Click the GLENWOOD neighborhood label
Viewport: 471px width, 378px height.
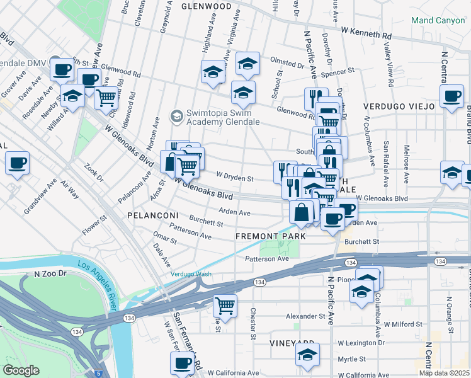[207, 6]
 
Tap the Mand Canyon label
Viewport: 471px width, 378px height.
[437, 20]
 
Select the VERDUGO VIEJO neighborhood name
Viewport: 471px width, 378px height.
[399, 106]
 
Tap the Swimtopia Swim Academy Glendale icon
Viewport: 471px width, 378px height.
[177, 116]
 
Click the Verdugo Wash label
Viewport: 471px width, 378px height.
[191, 273]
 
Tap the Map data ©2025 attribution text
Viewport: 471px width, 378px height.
[445, 373]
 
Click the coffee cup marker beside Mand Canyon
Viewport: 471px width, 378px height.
[451, 96]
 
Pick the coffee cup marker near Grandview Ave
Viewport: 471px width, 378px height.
[17, 163]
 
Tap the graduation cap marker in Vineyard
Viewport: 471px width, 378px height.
[307, 355]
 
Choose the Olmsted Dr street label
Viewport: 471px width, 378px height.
[287, 63]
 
